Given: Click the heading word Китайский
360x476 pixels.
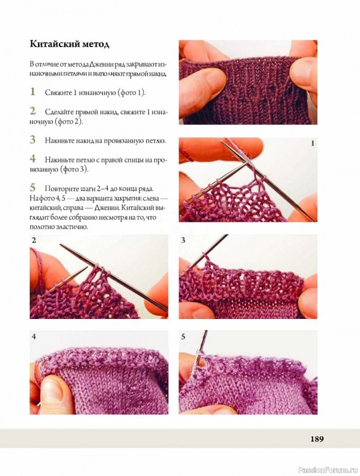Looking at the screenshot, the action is coord(54,44).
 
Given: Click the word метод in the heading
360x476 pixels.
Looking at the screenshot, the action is coord(95,44).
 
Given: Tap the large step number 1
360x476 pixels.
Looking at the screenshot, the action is coord(33,92).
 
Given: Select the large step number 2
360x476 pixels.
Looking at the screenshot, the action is coord(33,111).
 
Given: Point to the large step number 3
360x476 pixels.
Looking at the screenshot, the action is coord(33,140).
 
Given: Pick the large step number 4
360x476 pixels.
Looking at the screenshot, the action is coord(33,158).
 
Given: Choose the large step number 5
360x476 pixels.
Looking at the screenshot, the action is coord(33,187).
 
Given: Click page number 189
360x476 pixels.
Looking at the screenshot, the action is coord(317,439).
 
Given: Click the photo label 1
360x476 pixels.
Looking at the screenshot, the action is coord(312,143).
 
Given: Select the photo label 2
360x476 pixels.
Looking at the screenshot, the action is coord(34,240).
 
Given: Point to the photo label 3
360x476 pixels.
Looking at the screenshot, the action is coord(183,240).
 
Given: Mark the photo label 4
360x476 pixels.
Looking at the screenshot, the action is coord(34,336).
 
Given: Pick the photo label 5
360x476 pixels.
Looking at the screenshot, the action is coord(183,336).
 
